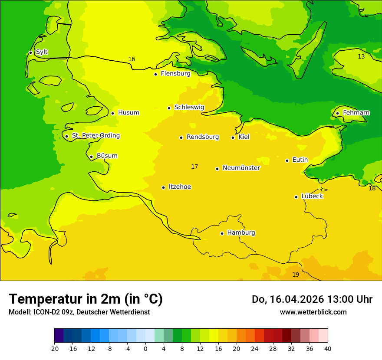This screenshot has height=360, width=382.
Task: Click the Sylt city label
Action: (x=42, y=52)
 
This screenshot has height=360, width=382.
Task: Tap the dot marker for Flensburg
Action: (x=155, y=74)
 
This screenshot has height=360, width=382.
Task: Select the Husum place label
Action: (x=128, y=113)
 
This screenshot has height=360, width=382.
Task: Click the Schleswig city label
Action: (x=189, y=107)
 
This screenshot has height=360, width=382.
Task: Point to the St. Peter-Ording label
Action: (x=95, y=136)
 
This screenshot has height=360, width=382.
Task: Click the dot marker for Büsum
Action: (x=91, y=157)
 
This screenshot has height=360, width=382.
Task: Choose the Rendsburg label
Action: (x=202, y=137)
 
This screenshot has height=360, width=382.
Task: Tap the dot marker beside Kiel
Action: (x=233, y=137)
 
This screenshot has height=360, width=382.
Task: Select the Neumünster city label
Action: (x=241, y=168)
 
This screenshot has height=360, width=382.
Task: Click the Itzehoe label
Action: (x=180, y=187)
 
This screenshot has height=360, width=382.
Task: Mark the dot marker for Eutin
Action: (x=287, y=160)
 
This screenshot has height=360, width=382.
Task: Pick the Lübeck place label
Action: (x=312, y=196)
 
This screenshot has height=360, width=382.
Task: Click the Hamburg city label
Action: (x=241, y=232)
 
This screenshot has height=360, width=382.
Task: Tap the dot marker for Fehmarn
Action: (x=337, y=113)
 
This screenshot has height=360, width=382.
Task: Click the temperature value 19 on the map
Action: (x=296, y=275)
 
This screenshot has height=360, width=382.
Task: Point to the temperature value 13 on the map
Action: (x=361, y=57)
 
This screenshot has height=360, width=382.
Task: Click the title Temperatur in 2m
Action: (x=86, y=299)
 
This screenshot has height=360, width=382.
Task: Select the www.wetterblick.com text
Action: (x=313, y=312)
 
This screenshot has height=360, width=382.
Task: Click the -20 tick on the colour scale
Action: (x=54, y=348)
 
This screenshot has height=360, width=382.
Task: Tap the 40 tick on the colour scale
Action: (x=328, y=348)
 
